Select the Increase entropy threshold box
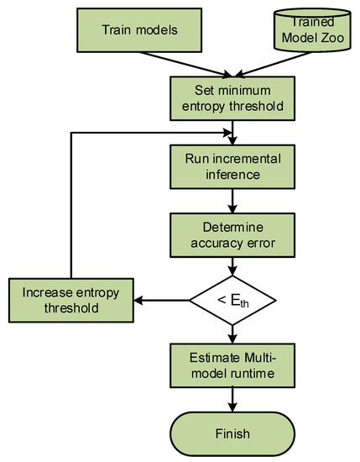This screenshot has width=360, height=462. point(71,299)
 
